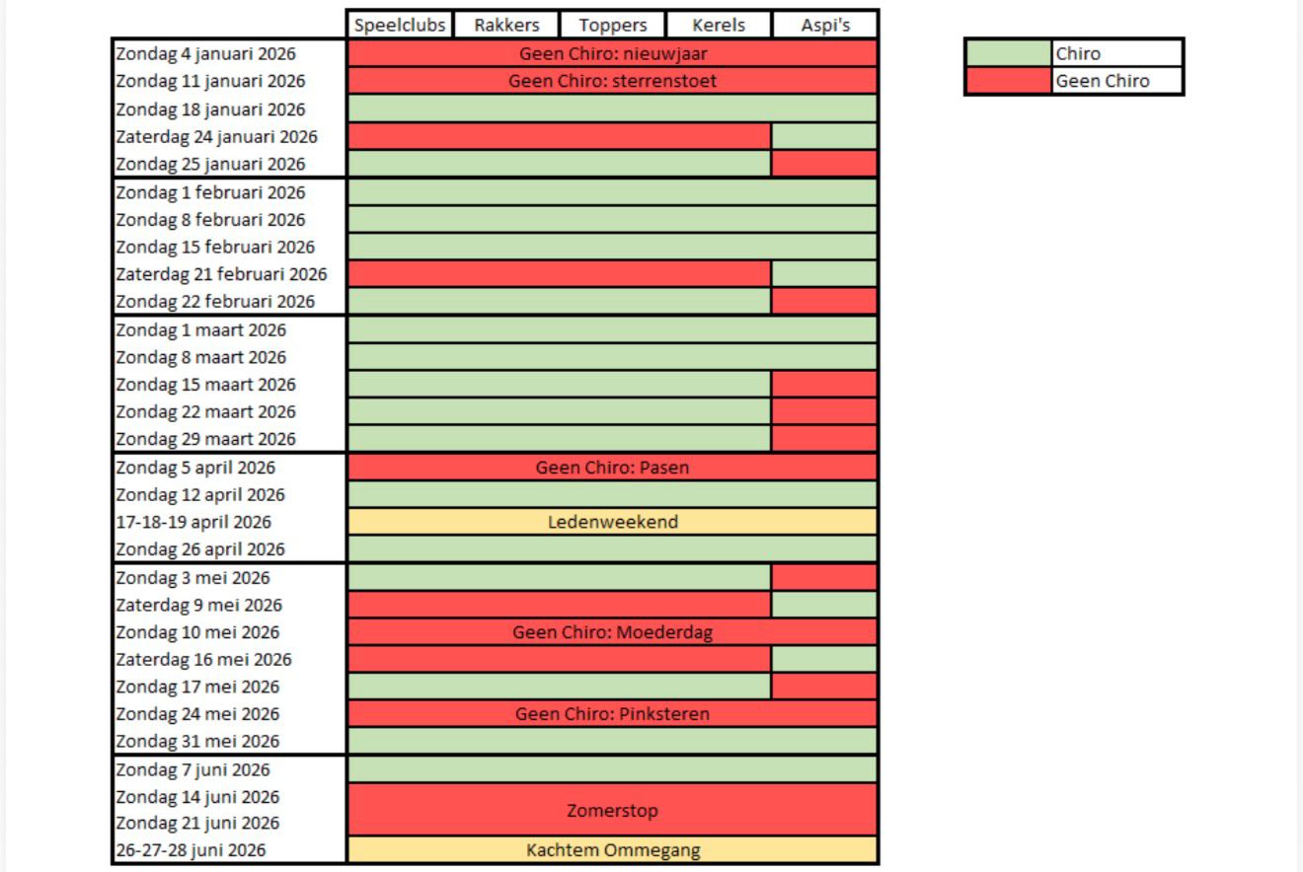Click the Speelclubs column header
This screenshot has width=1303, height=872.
[x=400, y=26]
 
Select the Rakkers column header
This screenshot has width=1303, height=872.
[x=506, y=26]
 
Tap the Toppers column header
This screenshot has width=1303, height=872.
[x=613, y=26]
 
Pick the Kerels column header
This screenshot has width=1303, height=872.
[x=719, y=26]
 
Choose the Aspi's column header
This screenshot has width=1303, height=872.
[x=825, y=26]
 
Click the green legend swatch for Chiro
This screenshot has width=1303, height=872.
[x=1009, y=54]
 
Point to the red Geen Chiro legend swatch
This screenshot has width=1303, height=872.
[x=1009, y=81]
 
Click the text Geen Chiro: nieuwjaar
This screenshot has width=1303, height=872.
[x=613, y=54]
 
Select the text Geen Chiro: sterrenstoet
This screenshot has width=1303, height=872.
[x=613, y=81]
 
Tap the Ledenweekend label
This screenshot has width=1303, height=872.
[x=613, y=522]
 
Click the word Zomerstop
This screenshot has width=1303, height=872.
[x=613, y=811]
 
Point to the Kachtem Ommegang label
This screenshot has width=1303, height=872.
[x=613, y=850]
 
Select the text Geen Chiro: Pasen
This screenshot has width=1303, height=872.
[x=613, y=468]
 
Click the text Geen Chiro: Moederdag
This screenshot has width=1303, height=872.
[x=613, y=632]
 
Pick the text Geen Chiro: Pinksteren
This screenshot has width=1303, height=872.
[x=613, y=714]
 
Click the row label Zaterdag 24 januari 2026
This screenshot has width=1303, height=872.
[x=217, y=137]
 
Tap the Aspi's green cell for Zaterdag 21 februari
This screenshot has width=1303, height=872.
[x=824, y=274]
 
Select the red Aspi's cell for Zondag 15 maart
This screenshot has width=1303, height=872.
[x=824, y=385]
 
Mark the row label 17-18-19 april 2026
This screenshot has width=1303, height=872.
[x=193, y=522]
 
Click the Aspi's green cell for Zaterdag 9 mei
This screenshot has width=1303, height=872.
[x=824, y=605]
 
